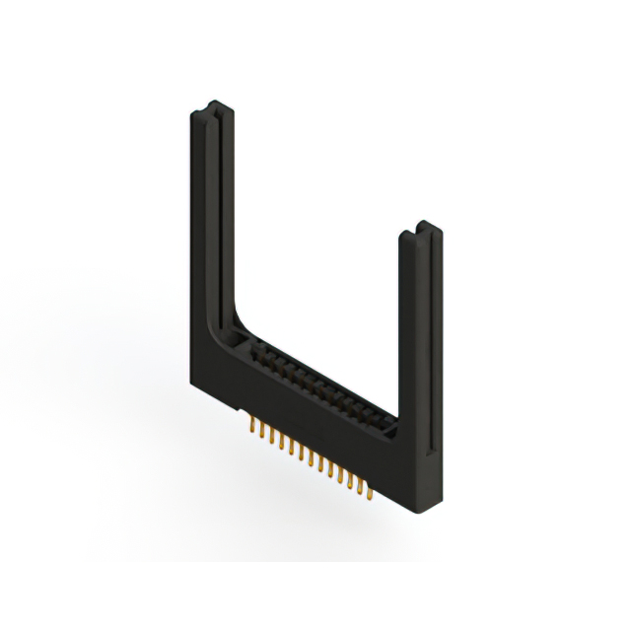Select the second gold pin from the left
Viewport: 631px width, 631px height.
[261, 433]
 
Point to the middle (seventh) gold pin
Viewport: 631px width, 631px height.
[309, 456]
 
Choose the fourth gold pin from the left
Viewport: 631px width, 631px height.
[280, 442]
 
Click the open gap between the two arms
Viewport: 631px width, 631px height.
[315, 246]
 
